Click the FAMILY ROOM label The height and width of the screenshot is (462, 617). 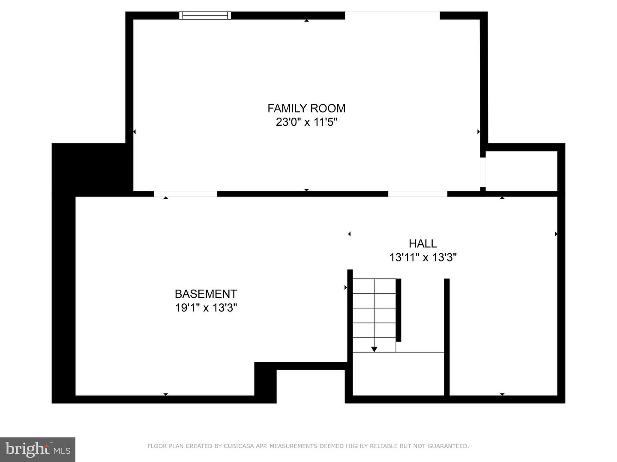pos(306,108)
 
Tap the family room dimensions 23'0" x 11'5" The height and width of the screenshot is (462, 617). pos(306,122)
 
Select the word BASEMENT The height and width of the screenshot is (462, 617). pos(206,294)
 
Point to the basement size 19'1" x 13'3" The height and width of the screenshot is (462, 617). pos(206,308)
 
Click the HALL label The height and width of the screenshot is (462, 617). pos(422,243)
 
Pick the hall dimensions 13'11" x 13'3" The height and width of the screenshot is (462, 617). pos(422,258)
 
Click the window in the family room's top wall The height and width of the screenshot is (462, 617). pos(205,15)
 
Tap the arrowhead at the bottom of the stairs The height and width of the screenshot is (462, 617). pos(374,349)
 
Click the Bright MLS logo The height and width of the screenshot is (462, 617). pos(38,449)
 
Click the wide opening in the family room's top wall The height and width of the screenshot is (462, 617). pos(392,15)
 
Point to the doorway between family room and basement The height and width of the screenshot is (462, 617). pos(185,194)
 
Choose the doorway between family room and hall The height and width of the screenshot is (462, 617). pos(417,194)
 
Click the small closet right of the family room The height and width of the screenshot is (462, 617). pos(521,171)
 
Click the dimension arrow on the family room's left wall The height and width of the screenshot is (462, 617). pos(134,132)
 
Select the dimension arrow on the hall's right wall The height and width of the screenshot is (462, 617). pos(556,234)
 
